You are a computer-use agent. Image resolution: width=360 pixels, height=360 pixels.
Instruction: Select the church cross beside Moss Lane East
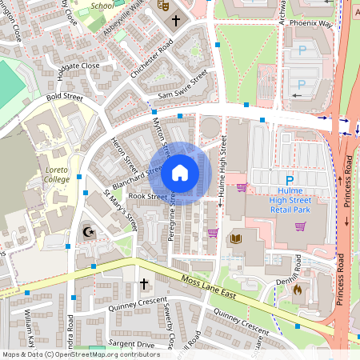point(145,284)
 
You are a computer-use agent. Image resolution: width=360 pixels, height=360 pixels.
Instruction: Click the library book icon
point(235,238)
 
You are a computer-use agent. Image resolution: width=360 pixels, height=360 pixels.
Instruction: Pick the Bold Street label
point(65,98)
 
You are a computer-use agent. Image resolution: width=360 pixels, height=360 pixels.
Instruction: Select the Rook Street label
point(146,197)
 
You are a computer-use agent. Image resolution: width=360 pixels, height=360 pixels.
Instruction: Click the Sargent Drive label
point(134,344)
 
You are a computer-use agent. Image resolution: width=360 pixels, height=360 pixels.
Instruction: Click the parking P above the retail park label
point(289,180)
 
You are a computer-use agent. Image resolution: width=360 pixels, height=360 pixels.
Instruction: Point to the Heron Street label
point(125,153)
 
